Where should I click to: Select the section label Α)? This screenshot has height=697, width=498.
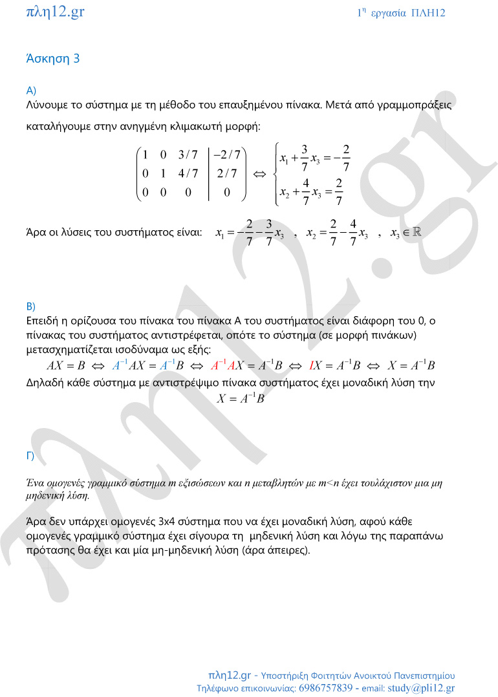(31, 90)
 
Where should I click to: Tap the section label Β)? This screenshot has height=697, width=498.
(31, 306)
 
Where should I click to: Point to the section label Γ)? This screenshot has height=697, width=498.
(30, 456)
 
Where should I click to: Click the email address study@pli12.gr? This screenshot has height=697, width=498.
(421, 688)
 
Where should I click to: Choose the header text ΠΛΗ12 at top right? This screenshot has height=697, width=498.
(428, 13)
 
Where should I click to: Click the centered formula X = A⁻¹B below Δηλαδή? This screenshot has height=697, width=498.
(241, 399)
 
